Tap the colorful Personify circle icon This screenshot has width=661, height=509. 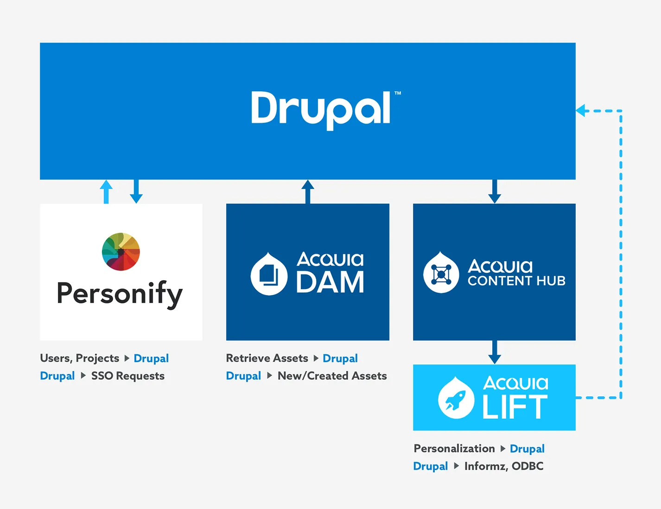click(121, 251)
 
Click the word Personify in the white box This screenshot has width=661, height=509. click(120, 294)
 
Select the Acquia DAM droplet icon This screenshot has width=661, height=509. click(269, 274)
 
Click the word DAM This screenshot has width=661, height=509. click(330, 282)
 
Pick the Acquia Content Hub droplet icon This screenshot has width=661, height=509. click(441, 273)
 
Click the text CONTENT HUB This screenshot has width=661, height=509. click(516, 281)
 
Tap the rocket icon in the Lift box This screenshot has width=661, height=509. click(456, 398)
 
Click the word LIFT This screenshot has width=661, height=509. click(515, 407)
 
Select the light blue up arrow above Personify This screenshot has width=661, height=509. click(106, 191)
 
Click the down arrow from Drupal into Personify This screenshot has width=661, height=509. click(136, 192)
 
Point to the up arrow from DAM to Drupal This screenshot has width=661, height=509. click(308, 191)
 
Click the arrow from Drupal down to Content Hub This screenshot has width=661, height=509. click(495, 192)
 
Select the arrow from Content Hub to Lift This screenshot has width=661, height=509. click(495, 352)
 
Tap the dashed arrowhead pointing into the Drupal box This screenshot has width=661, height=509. click(581, 111)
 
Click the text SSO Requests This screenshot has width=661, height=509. click(128, 376)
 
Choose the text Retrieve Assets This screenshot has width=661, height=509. click(267, 358)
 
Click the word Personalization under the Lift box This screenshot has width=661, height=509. click(454, 448)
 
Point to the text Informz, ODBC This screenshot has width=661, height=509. click(504, 466)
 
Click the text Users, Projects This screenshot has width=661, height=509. click(80, 358)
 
